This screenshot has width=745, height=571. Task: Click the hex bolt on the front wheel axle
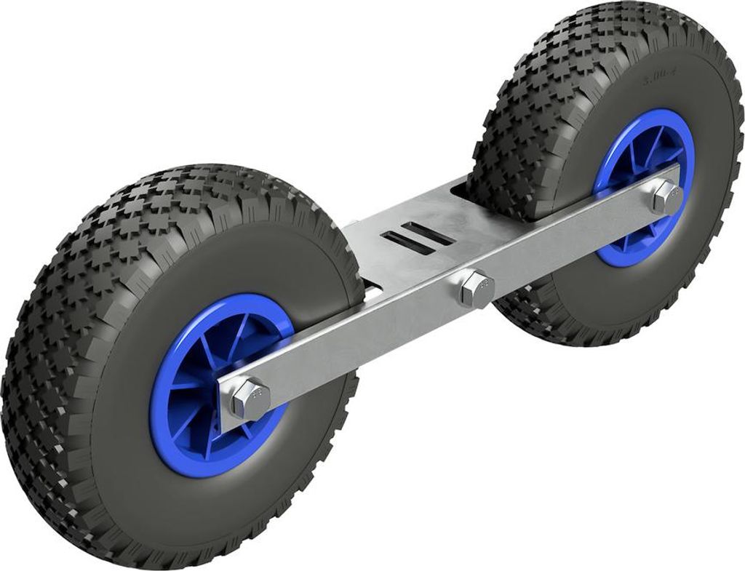point(250,398)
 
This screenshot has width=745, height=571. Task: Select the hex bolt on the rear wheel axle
point(664,196)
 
